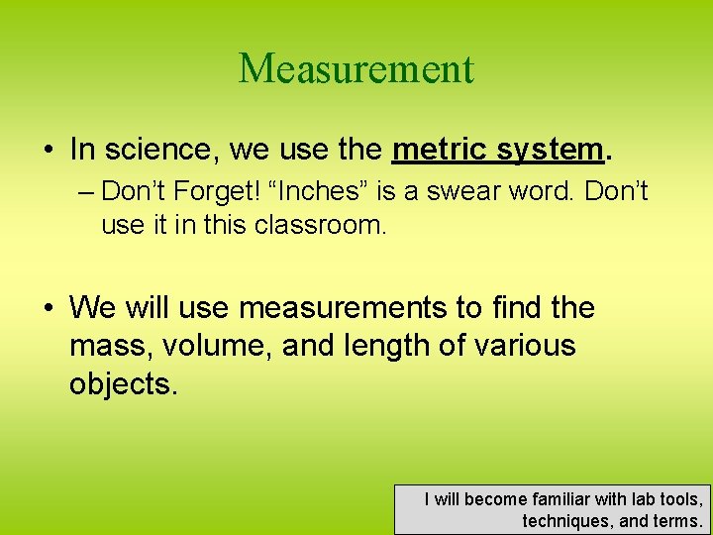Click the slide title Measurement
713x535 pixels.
pos(356,68)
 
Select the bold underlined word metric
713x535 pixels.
pos(440,150)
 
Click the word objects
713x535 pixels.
pos(123,383)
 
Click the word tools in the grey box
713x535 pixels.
pos(679,499)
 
